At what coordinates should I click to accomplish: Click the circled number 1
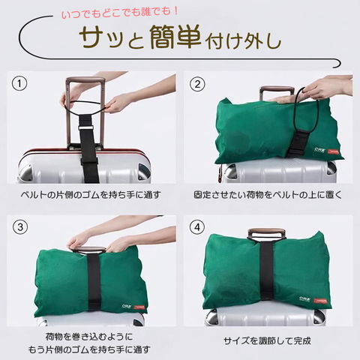tap(19, 83)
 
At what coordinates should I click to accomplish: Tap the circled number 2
tap(197, 84)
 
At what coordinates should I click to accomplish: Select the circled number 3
tap(20, 227)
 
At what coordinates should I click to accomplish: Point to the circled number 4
tap(197, 227)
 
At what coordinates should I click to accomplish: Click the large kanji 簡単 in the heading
tap(175, 37)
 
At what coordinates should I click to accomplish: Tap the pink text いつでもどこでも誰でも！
tap(120, 13)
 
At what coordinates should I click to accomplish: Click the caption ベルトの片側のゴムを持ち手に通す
tap(91, 195)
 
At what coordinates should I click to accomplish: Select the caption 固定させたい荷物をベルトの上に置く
tap(268, 195)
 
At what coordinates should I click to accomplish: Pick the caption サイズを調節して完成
tap(267, 340)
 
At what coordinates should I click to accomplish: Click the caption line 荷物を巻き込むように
tap(89, 337)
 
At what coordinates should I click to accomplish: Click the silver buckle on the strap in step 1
tap(86, 127)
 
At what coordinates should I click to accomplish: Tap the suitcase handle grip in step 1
tap(85, 80)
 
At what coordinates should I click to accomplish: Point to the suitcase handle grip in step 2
tap(277, 89)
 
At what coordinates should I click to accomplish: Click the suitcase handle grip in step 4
tap(266, 232)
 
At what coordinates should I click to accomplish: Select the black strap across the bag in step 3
tap(94, 280)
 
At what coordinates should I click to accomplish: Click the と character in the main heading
tap(136, 41)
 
